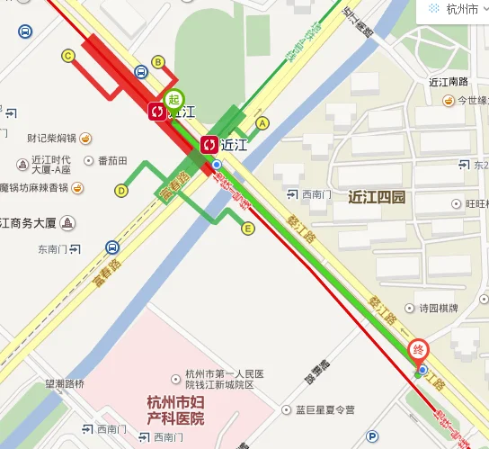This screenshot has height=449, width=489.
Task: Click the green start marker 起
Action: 173,99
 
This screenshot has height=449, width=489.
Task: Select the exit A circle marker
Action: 262,122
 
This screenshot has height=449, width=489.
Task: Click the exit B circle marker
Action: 158,61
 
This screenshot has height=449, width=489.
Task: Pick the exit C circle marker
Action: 67,56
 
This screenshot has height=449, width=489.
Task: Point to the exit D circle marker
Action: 120,190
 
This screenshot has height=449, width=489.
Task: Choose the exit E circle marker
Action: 248,229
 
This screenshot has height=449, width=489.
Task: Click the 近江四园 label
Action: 378,196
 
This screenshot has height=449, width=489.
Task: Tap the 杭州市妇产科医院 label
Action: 175,411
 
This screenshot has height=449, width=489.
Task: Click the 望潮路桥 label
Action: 65,384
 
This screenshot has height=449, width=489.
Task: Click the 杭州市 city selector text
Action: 464,9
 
